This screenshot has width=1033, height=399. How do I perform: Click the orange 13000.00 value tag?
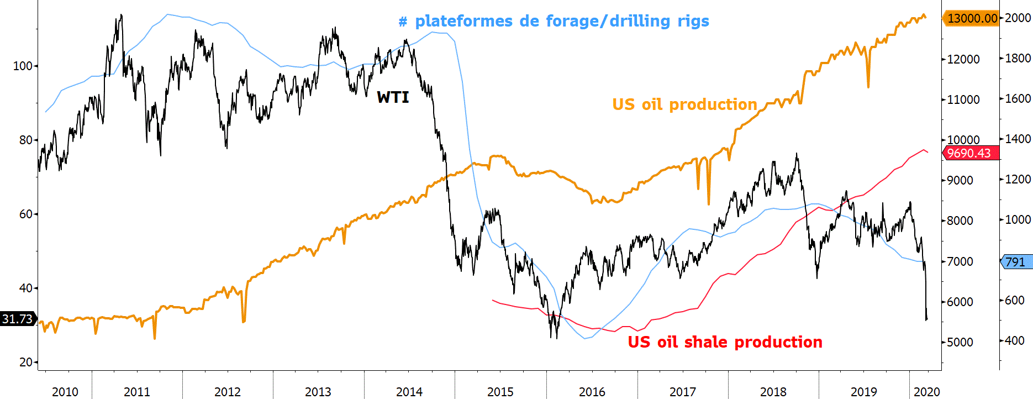coord(972,18)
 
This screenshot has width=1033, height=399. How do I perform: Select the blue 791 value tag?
coord(1015,262)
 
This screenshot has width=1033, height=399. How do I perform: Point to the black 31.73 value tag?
coord(18,319)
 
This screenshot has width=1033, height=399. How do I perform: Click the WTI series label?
coord(393,97)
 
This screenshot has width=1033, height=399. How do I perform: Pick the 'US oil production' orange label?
coord(684,104)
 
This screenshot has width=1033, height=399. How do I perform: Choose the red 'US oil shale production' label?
coord(725,342)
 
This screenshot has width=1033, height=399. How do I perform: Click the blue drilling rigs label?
coord(554,22)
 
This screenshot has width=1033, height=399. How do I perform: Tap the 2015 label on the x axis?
coord(500,392)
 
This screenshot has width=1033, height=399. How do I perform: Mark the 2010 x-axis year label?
coord(65,392)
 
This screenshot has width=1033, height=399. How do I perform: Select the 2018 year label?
coord(773,392)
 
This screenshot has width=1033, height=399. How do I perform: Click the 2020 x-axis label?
coord(926,392)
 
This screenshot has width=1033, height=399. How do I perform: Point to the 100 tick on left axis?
coord(23,66)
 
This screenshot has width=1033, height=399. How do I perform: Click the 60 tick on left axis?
coord(25,214)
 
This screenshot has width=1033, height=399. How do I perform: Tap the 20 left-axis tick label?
coord(25,362)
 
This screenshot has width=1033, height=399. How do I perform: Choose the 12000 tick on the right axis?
coord(963,59)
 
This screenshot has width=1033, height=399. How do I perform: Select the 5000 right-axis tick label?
coord(960,342)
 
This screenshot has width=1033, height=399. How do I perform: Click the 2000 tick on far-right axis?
coord(1018,18)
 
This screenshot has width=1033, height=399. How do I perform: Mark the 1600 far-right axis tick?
coord(1018,98)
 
